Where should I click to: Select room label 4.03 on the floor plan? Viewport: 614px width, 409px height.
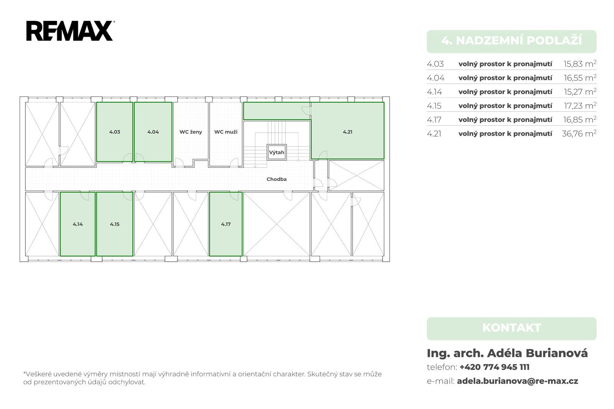pyautogui.click(x=115, y=132)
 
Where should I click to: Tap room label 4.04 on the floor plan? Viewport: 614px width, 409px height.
pyautogui.click(x=153, y=132)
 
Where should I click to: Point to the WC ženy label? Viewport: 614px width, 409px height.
pyautogui.click(x=191, y=132)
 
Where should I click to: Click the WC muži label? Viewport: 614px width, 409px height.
pyautogui.click(x=226, y=132)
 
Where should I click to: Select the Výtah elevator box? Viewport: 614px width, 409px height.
pyautogui.click(x=277, y=152)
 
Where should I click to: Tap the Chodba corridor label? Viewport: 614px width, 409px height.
pyautogui.click(x=277, y=179)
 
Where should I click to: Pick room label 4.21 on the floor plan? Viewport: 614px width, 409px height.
pyautogui.click(x=348, y=132)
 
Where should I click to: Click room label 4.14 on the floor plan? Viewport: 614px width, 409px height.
pyautogui.click(x=78, y=224)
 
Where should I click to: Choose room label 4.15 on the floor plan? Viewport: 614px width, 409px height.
pyautogui.click(x=115, y=224)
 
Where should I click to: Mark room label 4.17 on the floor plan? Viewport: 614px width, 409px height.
pyautogui.click(x=226, y=224)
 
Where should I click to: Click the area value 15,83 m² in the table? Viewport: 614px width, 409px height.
pyautogui.click(x=580, y=64)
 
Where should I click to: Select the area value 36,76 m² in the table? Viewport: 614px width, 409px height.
pyautogui.click(x=579, y=134)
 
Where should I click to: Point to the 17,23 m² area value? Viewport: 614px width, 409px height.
pyautogui.click(x=580, y=106)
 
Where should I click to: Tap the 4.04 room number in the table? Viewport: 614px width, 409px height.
pyautogui.click(x=436, y=78)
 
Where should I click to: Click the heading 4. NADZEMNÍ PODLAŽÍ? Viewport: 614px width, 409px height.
pyautogui.click(x=512, y=41)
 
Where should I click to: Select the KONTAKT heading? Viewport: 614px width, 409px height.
pyautogui.click(x=512, y=328)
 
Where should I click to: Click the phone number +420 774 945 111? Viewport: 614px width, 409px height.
pyautogui.click(x=495, y=367)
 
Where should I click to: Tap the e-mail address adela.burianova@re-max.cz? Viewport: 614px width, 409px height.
pyautogui.click(x=518, y=381)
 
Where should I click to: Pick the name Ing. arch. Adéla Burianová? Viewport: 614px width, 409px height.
pyautogui.click(x=507, y=353)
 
